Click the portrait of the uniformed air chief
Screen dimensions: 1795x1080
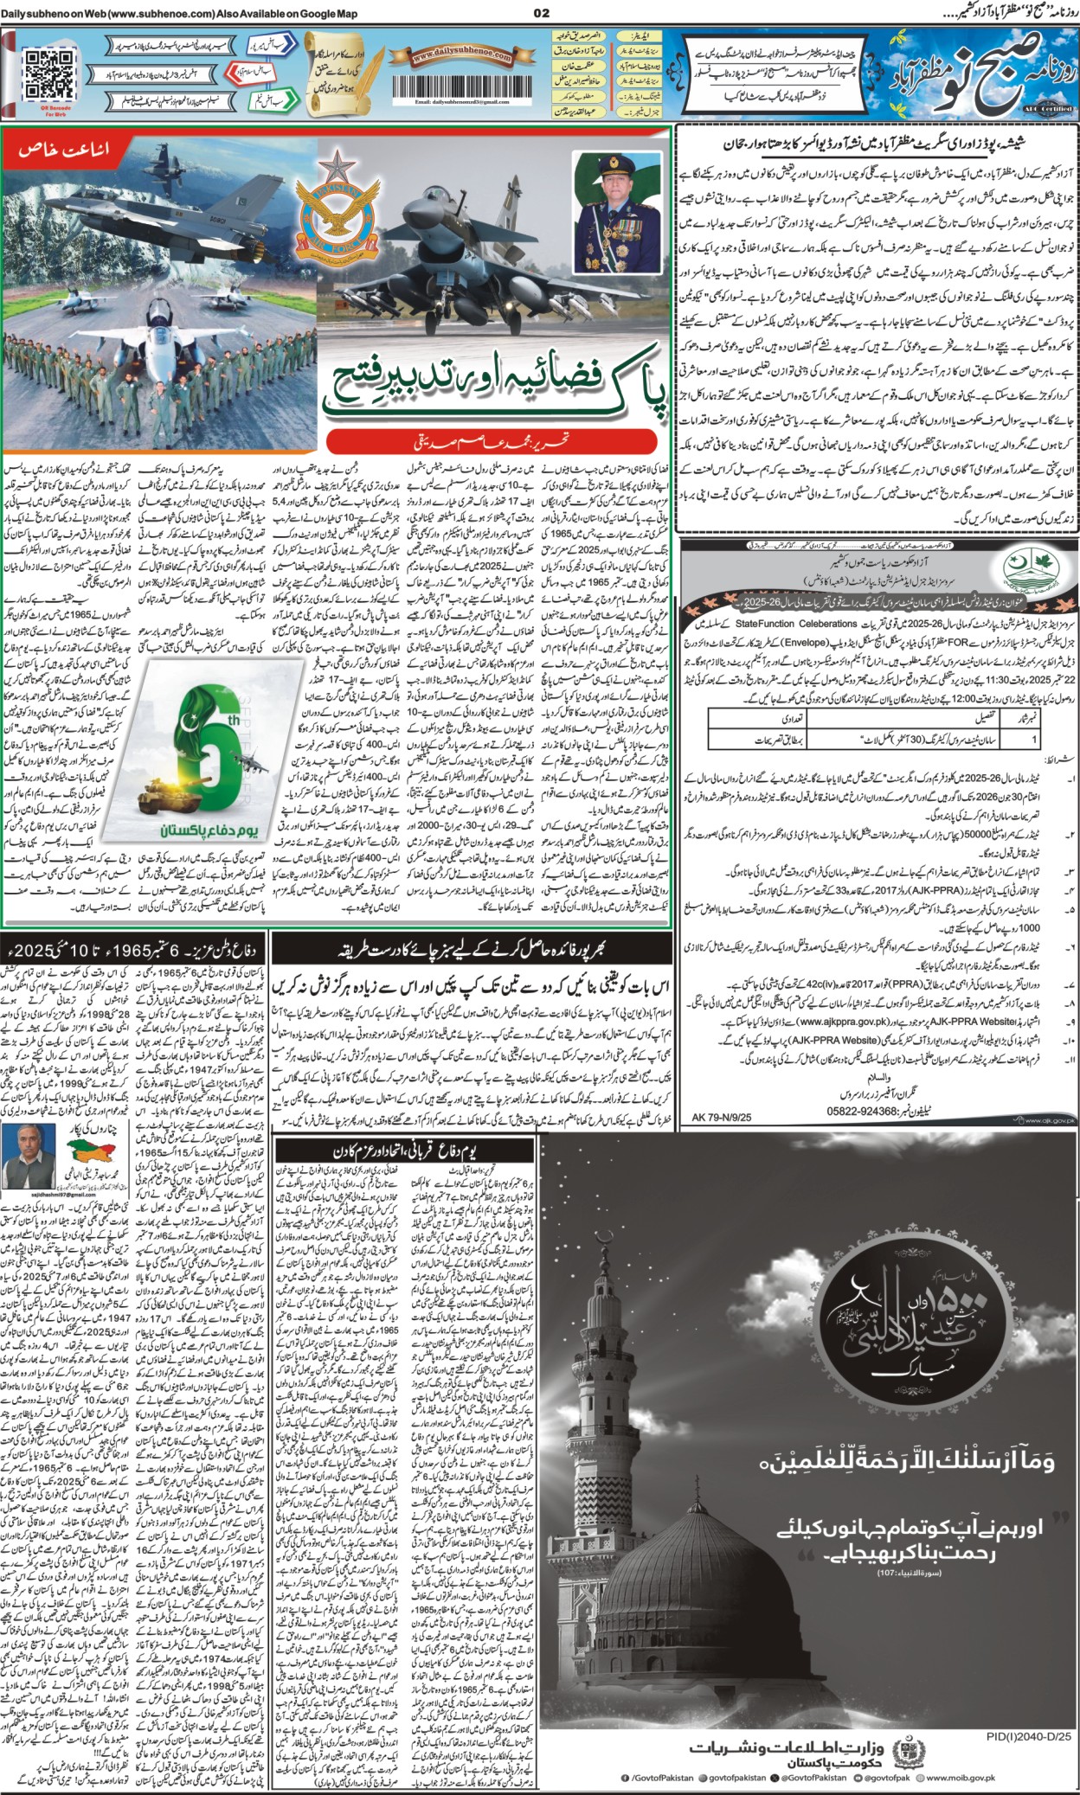click(604, 211)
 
